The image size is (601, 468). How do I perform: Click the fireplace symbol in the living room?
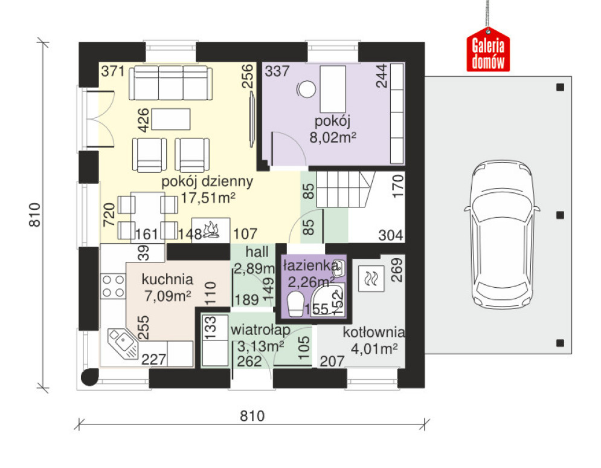(211, 230)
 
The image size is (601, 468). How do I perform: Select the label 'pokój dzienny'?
(207, 181)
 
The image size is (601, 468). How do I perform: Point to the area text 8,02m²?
(333, 137)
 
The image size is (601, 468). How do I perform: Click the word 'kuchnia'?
(167, 279)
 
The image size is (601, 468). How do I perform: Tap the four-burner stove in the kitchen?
(113, 286)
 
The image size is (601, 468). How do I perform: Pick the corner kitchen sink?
(123, 343)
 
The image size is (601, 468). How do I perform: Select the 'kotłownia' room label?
(374, 332)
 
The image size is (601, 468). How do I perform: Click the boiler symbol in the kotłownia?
(371, 278)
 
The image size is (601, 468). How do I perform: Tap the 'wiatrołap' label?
(260, 330)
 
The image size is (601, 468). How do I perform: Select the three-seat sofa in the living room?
(170, 83)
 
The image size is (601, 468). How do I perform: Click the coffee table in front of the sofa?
(171, 119)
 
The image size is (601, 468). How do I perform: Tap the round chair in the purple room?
(307, 89)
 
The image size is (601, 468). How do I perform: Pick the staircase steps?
(344, 189)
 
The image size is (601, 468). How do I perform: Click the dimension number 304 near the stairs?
(391, 235)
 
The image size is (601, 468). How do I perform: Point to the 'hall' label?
(257, 252)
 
